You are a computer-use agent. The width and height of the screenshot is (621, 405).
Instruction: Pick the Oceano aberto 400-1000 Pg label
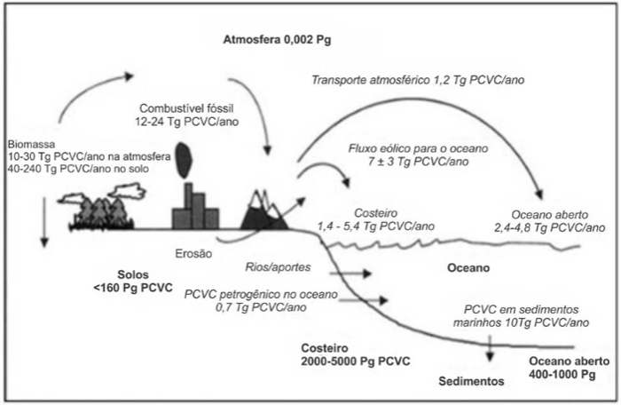[567, 368]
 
